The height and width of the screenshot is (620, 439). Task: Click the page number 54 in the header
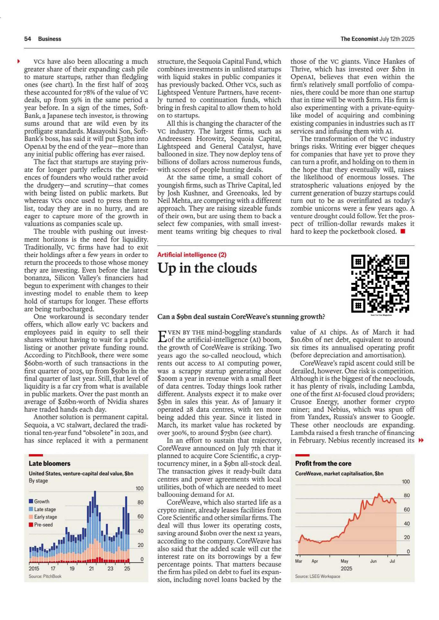point(28,39)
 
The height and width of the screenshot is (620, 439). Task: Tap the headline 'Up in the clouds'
point(207,268)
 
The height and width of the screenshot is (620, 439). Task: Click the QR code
point(380,283)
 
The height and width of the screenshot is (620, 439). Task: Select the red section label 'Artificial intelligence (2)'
point(192,255)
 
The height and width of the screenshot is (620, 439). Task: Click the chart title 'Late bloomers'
point(49,463)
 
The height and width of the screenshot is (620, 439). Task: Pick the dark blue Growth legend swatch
point(31,501)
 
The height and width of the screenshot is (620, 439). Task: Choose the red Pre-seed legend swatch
point(31,524)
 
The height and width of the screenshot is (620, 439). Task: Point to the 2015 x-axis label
point(34,568)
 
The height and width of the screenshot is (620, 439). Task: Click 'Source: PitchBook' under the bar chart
point(45,576)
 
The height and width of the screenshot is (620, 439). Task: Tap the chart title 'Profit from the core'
point(323,463)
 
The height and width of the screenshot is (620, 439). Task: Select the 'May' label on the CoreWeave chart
point(344,561)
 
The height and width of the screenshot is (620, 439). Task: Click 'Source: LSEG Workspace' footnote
point(317,576)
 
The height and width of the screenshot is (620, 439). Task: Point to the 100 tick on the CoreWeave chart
point(405,482)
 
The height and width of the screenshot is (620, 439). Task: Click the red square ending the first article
point(403,231)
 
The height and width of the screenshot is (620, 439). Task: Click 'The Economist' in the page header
point(359,39)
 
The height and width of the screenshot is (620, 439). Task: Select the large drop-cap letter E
point(162,336)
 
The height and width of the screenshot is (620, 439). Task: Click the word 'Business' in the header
point(49,39)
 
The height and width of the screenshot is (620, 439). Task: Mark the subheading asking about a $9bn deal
point(241,317)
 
